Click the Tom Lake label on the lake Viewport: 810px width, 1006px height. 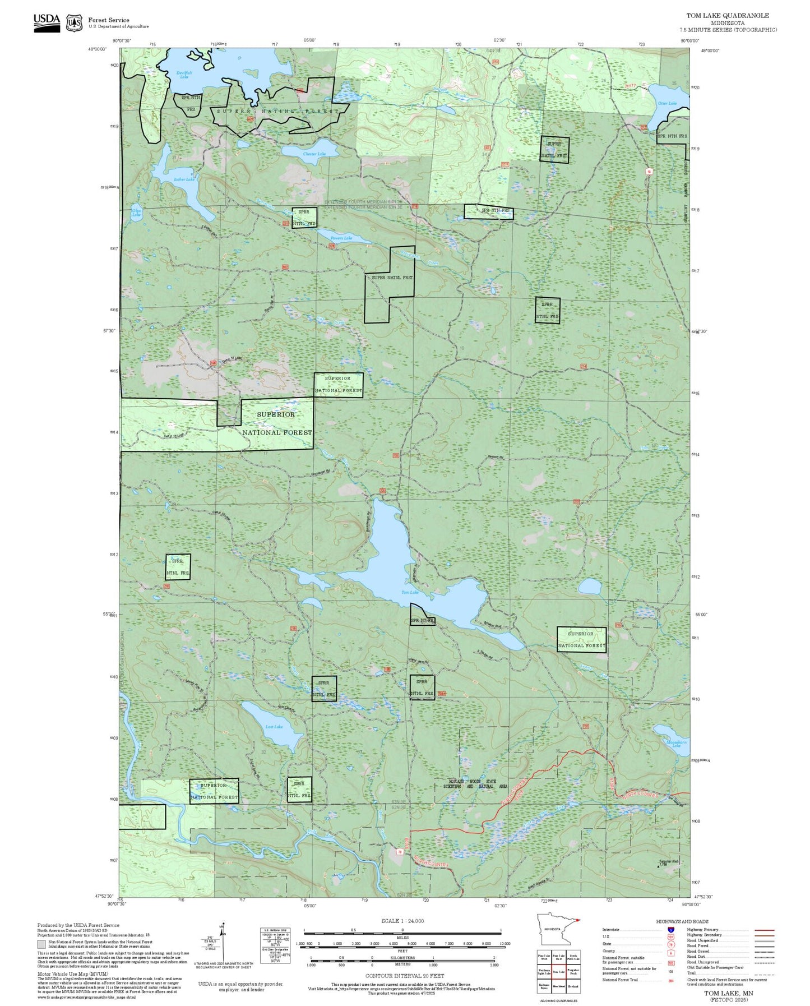tap(410, 592)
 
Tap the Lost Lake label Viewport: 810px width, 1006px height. tap(274, 727)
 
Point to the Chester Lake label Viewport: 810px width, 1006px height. tap(314, 154)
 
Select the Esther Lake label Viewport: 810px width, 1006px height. tap(184, 179)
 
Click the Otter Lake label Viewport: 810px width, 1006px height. tap(667, 103)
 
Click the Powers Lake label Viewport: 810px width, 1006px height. tap(341, 238)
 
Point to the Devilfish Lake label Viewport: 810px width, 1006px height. tap(184, 74)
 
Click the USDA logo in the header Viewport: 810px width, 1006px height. tap(47, 22)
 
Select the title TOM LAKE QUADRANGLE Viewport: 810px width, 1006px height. tap(728, 16)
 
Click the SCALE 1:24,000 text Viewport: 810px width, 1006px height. tap(402, 921)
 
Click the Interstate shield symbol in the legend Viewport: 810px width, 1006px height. tap(670, 930)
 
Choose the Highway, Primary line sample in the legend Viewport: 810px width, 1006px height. tap(765, 930)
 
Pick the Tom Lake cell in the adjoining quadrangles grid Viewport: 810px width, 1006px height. tap(558, 972)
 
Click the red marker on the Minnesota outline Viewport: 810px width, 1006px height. tap(578, 920)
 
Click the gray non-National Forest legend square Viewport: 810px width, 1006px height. tap(41, 944)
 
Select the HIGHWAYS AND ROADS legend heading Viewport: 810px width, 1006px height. tap(682, 921)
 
